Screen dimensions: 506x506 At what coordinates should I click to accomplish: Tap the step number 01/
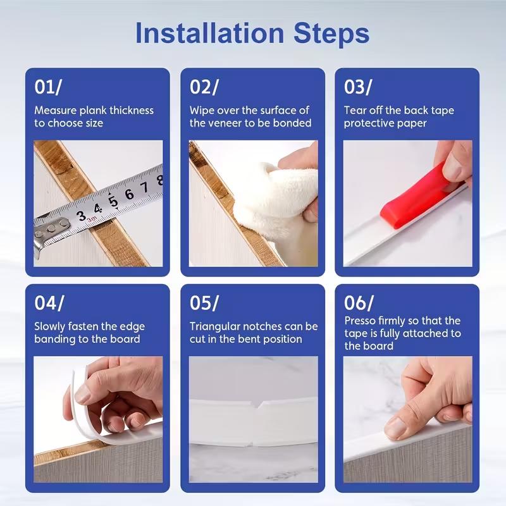click(48, 87)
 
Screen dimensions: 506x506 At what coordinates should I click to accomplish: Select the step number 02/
click(204, 87)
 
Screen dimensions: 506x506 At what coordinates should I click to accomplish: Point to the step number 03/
click(359, 87)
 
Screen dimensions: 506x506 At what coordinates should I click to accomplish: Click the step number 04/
click(49, 303)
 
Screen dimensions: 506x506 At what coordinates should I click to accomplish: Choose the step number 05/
click(204, 303)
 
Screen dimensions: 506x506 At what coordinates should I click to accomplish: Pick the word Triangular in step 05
click(216, 327)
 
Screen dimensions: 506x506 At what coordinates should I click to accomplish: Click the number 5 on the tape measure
click(114, 201)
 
